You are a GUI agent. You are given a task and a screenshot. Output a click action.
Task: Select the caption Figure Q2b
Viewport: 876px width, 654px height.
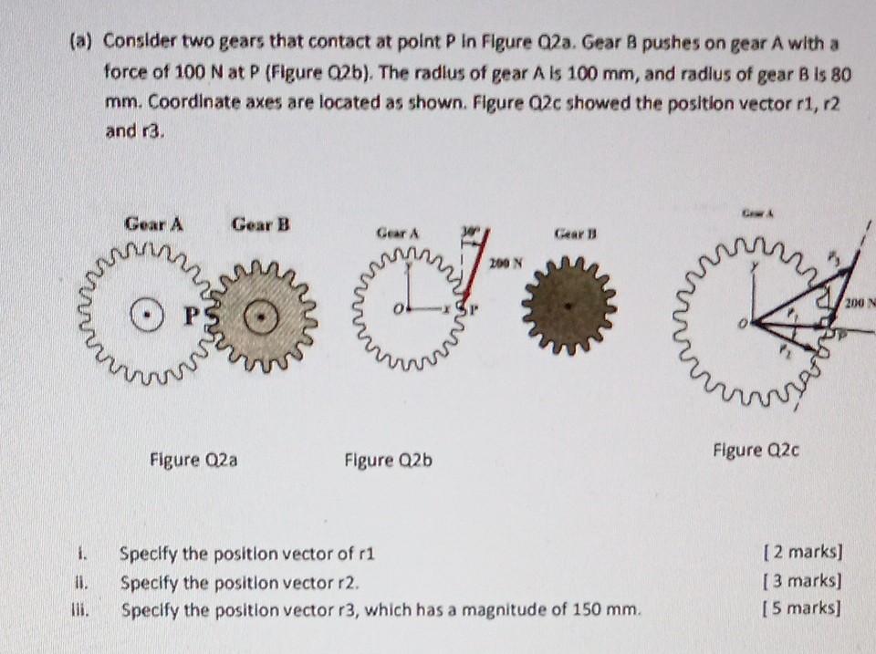388,460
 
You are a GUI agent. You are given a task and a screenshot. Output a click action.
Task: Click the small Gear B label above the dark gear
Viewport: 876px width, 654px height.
570,234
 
